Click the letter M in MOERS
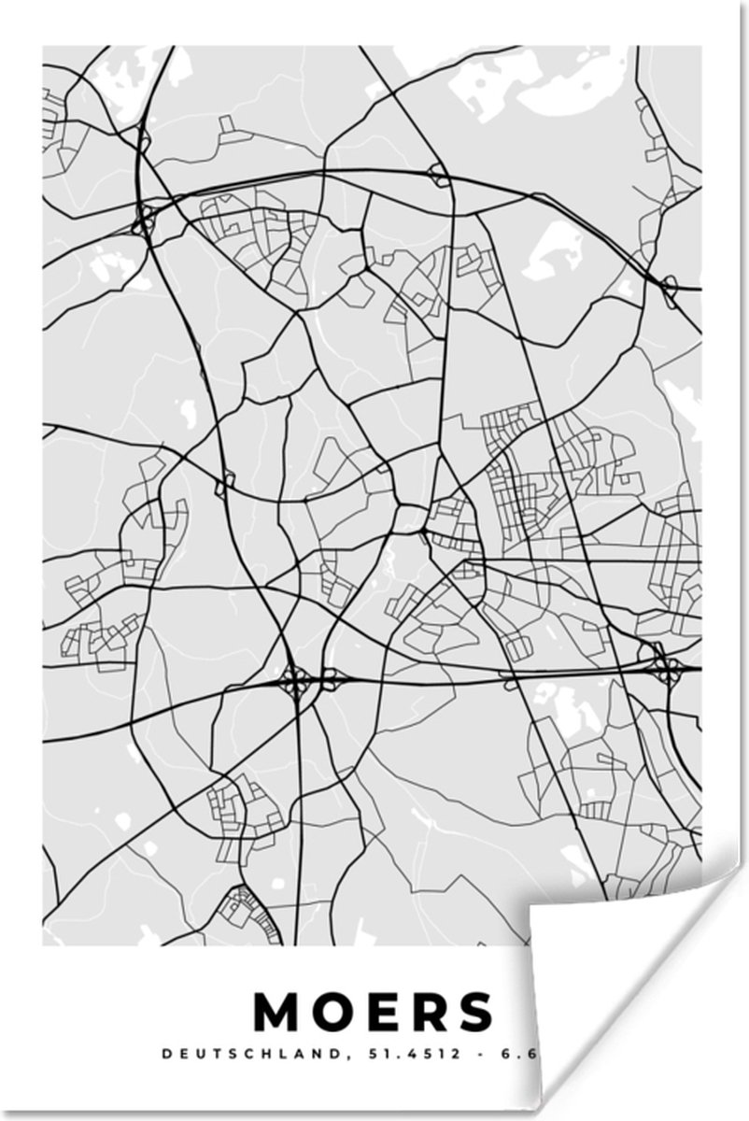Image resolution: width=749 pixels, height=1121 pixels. [x=278, y=1011]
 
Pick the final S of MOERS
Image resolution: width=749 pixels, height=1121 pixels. [x=473, y=1011]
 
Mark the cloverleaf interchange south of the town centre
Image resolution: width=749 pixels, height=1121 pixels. [x=296, y=682]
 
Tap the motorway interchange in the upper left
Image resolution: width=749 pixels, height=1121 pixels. [x=145, y=220]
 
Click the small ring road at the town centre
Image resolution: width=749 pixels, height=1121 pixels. [x=411, y=517]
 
